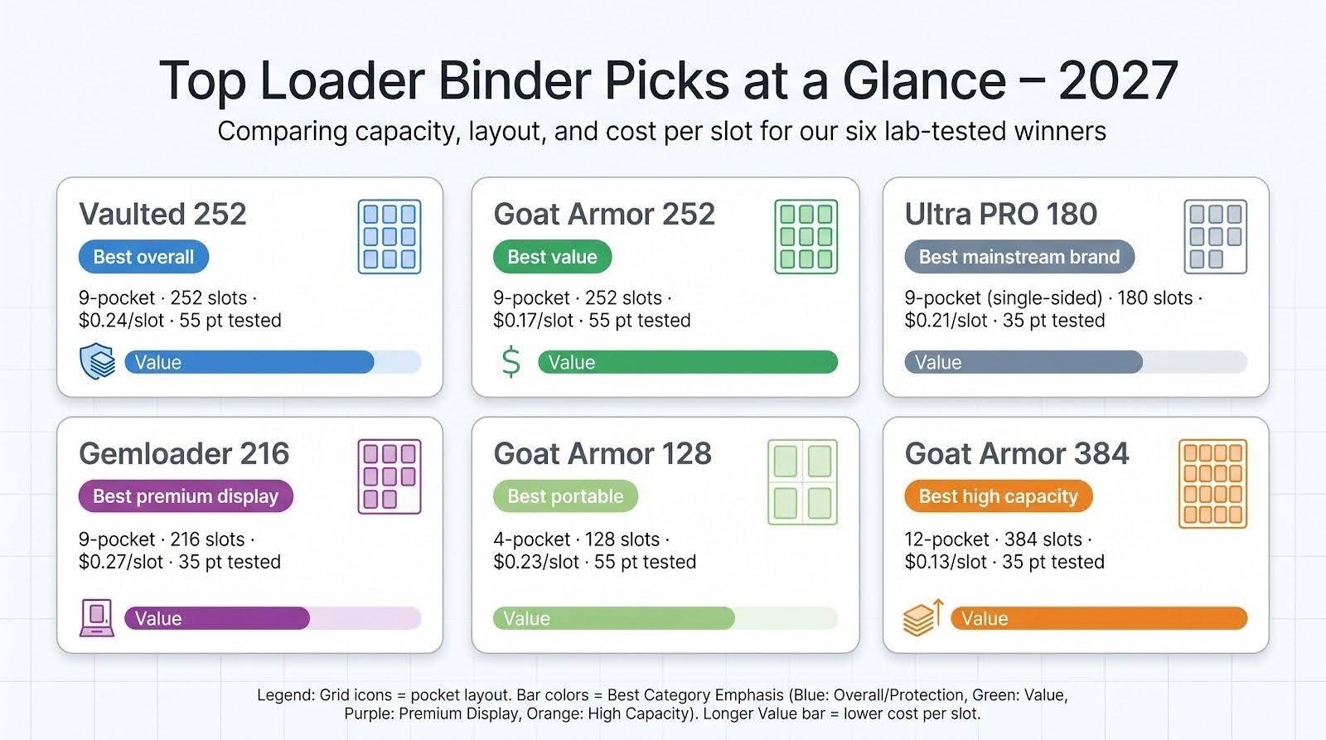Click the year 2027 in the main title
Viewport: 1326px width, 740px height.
1118,81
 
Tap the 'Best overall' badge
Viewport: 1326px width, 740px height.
143,257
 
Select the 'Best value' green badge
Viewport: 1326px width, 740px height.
552,257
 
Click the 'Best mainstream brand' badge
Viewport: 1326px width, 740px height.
1019,257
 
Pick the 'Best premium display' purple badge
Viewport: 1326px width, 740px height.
186,496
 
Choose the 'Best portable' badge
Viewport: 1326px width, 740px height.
565,496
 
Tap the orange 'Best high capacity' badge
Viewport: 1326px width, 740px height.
998,496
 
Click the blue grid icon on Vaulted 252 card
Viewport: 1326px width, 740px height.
390,237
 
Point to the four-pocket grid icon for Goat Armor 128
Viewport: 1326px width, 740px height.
803,482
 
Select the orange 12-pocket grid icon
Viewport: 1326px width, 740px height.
1213,484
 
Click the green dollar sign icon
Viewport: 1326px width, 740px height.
511,362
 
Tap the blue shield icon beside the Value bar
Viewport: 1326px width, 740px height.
98,361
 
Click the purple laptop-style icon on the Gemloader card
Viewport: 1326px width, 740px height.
97,617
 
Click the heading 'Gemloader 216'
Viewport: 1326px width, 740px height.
184,454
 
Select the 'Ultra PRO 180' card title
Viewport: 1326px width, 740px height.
1000,215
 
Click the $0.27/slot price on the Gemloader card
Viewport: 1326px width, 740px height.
121,562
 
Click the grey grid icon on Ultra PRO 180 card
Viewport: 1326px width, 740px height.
1215,237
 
